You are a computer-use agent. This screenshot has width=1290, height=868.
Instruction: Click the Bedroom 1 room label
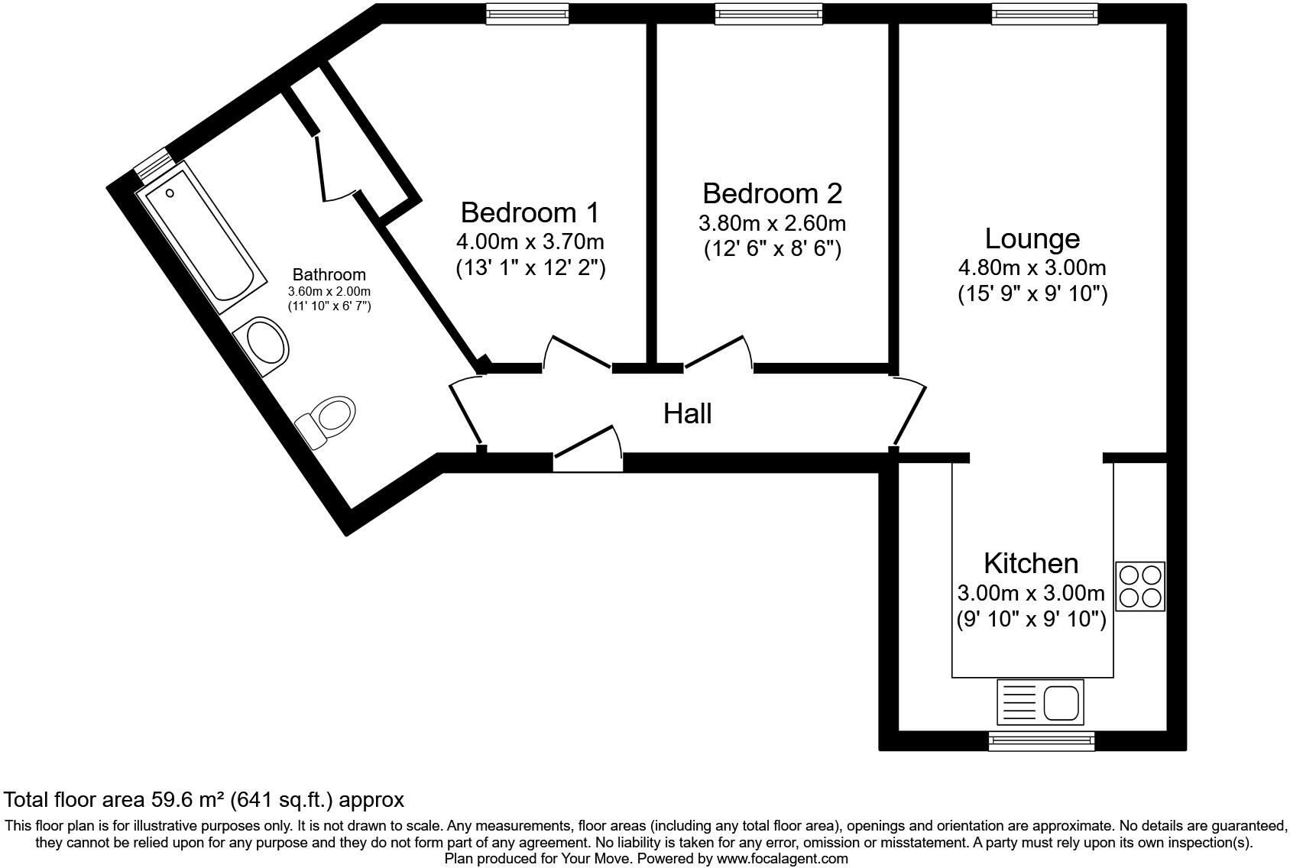[530, 212]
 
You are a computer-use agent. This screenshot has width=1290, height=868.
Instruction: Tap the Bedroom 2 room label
[772, 193]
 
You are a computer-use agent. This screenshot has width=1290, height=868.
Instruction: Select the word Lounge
[1032, 238]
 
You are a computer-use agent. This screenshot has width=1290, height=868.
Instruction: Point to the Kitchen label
[1031, 563]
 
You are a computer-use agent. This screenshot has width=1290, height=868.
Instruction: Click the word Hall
[687, 413]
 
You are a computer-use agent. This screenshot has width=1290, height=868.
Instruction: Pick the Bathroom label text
[329, 274]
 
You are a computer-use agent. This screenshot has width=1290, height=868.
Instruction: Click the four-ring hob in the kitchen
[1140, 586]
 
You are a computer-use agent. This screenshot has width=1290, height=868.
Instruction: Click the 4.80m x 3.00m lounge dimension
[1032, 267]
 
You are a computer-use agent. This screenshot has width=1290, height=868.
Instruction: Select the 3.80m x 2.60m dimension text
[772, 223]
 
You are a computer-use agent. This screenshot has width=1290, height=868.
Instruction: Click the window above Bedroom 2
[768, 13]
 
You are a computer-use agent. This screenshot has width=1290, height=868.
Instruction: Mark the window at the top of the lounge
[1044, 13]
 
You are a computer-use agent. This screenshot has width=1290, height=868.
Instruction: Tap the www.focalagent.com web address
[782, 859]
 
